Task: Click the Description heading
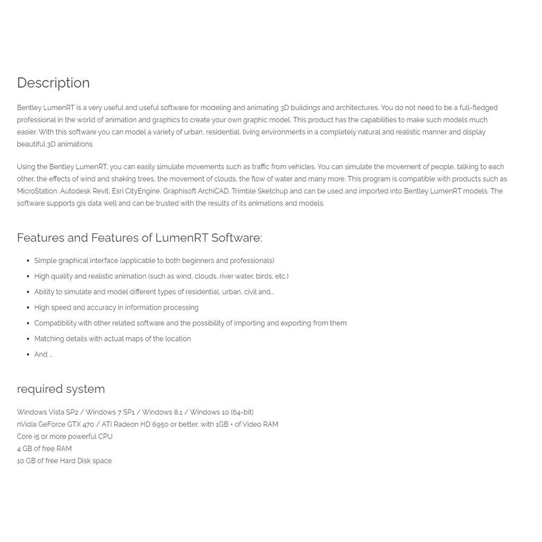tap(53, 83)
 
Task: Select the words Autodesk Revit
tap(84, 191)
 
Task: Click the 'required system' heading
tap(61, 389)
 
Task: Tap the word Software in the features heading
tap(236, 238)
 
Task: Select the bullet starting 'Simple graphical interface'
tap(154, 260)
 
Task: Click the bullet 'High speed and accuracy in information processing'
tap(116, 308)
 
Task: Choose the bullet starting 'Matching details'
tap(112, 339)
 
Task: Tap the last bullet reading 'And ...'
tap(43, 355)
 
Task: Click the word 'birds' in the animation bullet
tap(263, 276)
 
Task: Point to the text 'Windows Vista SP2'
tap(47, 412)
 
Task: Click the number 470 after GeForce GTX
tap(88, 424)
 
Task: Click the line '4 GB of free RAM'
tap(44, 449)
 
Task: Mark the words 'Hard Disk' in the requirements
tap(75, 461)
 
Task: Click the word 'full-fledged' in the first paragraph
tap(478, 108)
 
